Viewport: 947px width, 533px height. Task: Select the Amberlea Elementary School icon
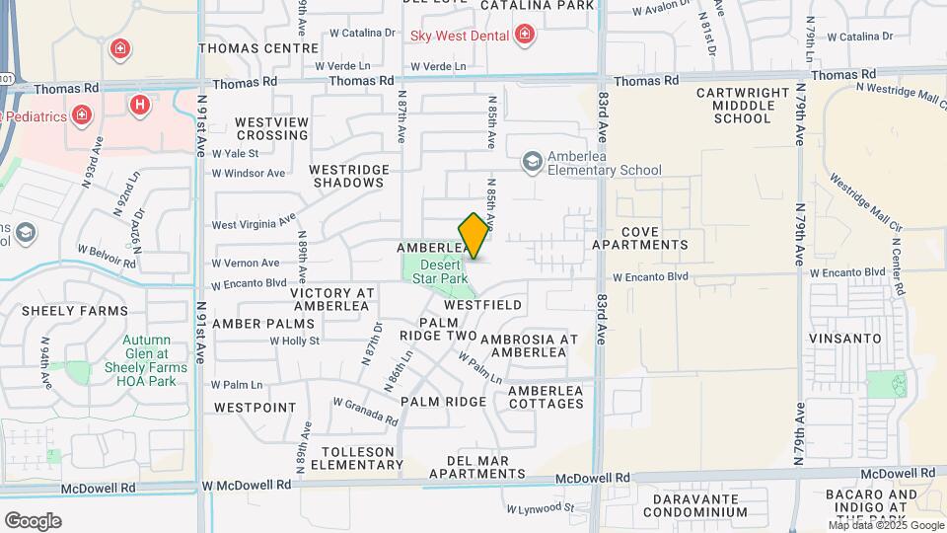click(533, 161)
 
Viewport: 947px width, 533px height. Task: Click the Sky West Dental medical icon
click(525, 36)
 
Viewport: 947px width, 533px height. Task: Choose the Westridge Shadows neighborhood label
click(346, 176)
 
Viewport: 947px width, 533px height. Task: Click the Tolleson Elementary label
click(363, 458)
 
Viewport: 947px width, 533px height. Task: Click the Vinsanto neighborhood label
click(843, 339)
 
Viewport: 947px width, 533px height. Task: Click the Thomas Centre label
click(258, 47)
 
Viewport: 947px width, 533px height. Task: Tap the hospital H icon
click(142, 103)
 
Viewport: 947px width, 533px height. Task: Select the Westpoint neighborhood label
click(255, 408)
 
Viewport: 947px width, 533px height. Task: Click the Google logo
click(33, 520)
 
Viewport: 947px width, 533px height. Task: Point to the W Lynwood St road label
click(541, 509)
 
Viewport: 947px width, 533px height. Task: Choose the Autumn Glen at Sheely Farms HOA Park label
click(148, 361)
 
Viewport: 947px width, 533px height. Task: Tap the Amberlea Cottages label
click(546, 397)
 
